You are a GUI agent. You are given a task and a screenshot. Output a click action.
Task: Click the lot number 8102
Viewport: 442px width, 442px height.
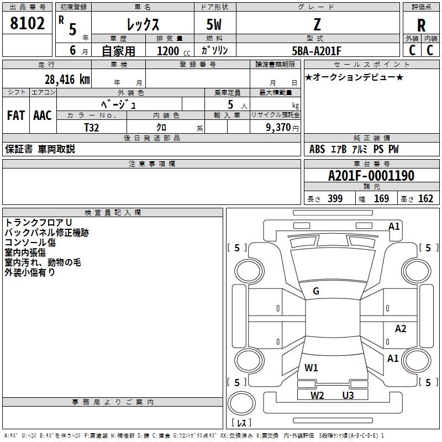pyautogui.click(x=27, y=23)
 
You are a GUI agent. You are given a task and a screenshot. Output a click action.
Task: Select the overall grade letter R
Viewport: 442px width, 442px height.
pyautogui.click(x=421, y=25)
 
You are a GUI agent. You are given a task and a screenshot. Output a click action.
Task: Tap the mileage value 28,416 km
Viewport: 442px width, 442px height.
pyautogui.click(x=67, y=80)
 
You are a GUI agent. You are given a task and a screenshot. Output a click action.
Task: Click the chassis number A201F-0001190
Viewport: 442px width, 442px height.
pyautogui.click(x=371, y=176)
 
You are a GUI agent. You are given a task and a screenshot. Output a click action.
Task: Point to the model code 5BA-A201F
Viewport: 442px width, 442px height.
pyautogui.click(x=316, y=51)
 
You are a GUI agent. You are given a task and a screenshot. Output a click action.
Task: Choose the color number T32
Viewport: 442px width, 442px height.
pyautogui.click(x=91, y=128)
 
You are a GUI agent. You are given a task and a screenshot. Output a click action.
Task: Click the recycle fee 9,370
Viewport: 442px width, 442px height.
pyautogui.click(x=278, y=128)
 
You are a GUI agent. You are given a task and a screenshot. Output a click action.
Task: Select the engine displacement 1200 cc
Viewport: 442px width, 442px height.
pyautogui.click(x=173, y=51)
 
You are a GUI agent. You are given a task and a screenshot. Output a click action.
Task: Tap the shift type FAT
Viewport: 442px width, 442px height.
pyautogui.click(x=16, y=115)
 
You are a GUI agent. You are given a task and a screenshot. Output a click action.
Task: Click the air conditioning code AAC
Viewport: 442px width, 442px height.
pyautogui.click(x=43, y=115)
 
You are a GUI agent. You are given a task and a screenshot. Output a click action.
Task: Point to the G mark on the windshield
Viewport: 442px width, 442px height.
pyautogui.click(x=316, y=291)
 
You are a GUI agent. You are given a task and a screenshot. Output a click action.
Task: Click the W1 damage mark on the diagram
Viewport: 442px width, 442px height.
pyautogui.click(x=311, y=367)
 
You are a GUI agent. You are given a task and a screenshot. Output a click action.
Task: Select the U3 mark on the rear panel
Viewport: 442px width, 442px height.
pyautogui.click(x=348, y=395)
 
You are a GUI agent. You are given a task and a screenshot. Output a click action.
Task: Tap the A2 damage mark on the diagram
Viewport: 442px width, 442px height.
pyautogui.click(x=401, y=328)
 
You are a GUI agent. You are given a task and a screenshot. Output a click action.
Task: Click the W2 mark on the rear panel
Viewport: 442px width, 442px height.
pyautogui.click(x=317, y=395)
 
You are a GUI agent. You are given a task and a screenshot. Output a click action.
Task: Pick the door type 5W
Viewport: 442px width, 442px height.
pyautogui.click(x=214, y=25)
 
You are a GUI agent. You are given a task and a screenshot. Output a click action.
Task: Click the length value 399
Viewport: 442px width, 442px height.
pyautogui.click(x=335, y=198)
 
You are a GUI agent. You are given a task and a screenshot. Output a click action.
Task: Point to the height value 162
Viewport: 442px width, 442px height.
pyautogui.click(x=425, y=198)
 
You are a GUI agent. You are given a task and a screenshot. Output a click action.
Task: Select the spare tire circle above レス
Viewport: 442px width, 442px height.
pyautogui.click(x=241, y=403)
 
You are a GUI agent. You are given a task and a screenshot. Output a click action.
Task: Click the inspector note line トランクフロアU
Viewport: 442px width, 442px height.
pyautogui.click(x=38, y=223)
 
